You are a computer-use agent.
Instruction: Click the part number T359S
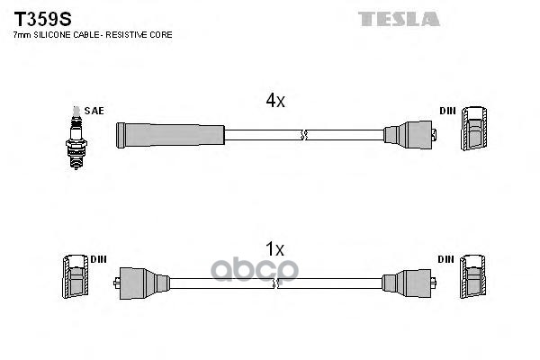click(x=42, y=19)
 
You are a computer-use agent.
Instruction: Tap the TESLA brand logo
click(x=399, y=19)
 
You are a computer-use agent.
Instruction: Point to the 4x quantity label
click(x=275, y=101)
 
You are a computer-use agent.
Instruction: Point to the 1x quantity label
click(x=274, y=248)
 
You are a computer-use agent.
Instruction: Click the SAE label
click(x=94, y=111)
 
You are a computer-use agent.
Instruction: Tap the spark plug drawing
click(x=76, y=138)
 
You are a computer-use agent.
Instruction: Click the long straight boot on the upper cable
click(x=170, y=135)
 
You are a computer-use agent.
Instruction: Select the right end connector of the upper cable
click(x=409, y=135)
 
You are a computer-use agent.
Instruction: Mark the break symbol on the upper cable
click(x=303, y=135)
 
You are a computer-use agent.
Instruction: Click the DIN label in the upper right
click(x=447, y=111)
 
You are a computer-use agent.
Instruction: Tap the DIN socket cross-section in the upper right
click(x=474, y=128)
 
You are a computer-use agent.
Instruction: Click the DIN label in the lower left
click(x=98, y=259)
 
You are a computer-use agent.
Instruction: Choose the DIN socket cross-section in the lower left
click(x=75, y=276)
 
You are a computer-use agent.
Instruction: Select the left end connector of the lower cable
click(x=141, y=283)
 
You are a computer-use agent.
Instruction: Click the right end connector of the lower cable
click(x=409, y=283)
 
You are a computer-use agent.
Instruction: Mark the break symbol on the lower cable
click(x=275, y=283)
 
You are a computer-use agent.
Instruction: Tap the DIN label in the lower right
click(x=446, y=259)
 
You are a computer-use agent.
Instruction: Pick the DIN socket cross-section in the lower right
click(x=473, y=276)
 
